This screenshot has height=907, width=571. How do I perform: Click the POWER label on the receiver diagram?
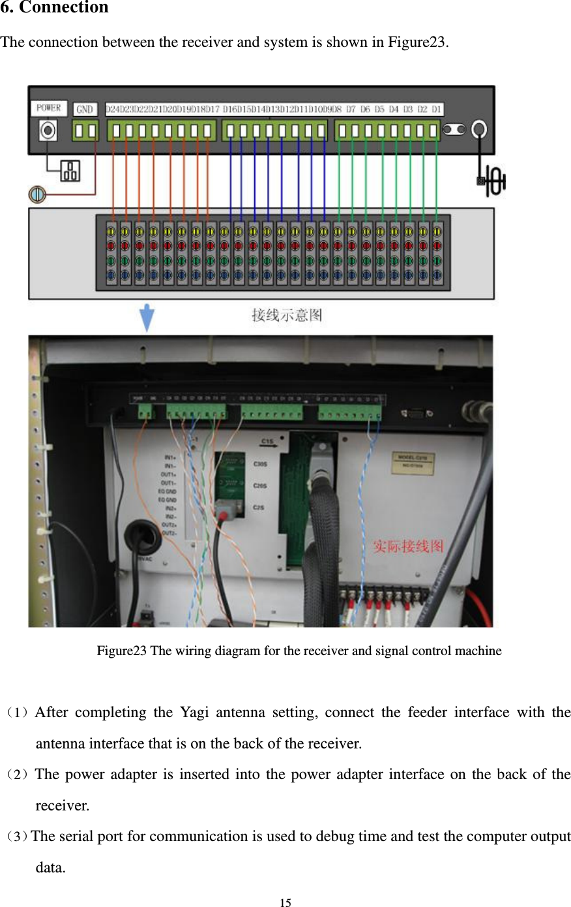[48, 108]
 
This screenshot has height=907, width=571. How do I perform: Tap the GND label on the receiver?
[85, 110]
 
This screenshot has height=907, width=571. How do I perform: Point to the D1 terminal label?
[436, 110]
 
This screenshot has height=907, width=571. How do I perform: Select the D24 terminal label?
[113, 110]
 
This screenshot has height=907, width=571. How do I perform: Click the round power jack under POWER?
[47, 131]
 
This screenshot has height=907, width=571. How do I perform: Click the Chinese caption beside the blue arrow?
[287, 316]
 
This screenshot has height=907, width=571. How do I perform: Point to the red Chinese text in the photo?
[408, 546]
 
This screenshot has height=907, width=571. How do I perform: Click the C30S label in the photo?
[259, 465]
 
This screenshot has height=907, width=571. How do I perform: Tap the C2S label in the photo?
[259, 507]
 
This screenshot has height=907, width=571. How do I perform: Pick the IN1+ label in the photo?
[170, 457]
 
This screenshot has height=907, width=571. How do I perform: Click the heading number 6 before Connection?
[5, 8]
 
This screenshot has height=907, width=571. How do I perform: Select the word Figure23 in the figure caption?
[121, 651]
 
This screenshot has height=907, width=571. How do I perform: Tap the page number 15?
[285, 902]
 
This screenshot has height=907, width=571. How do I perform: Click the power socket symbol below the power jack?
[70, 171]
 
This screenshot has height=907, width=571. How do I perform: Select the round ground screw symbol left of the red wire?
[37, 194]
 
